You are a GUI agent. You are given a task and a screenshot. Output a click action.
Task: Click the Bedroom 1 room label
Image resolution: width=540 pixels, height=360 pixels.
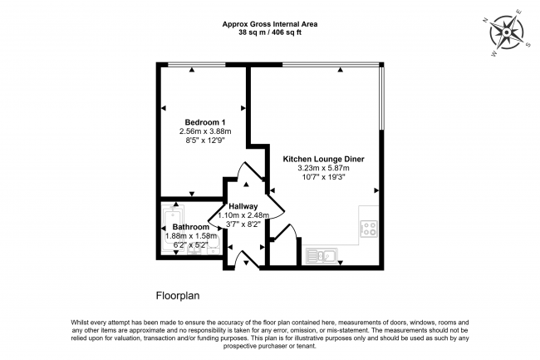[205, 122]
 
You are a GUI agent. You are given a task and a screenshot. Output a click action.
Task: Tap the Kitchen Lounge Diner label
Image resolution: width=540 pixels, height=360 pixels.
[323, 159]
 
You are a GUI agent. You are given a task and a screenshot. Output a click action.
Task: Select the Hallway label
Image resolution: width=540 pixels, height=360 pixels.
[243, 206]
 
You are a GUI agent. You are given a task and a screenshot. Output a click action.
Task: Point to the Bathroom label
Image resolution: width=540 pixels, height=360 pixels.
[191, 227]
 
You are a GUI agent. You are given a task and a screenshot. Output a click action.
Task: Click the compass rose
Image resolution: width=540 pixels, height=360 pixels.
[507, 32]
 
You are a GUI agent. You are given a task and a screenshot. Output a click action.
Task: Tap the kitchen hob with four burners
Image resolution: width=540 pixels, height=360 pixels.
[369, 229]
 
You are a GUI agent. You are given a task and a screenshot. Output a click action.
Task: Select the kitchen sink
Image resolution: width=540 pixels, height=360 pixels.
[322, 256]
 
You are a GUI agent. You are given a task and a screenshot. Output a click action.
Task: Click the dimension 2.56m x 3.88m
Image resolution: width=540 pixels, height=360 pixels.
[205, 131]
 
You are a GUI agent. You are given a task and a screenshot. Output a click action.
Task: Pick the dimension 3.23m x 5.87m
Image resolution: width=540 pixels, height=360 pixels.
[323, 168]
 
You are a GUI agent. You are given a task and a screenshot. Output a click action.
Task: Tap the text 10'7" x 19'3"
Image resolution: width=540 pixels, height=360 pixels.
[323, 177]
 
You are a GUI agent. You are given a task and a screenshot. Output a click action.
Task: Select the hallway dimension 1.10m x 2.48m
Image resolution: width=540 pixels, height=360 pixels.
[243, 215]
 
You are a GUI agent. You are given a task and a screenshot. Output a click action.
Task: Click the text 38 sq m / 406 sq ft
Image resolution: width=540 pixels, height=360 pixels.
[270, 33]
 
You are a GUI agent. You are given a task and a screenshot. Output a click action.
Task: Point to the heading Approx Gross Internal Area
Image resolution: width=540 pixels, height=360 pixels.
[270, 24]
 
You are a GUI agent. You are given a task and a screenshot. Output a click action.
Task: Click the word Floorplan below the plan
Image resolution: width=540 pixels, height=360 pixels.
[178, 296]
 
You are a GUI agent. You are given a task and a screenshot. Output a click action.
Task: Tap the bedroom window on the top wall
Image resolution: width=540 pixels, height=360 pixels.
[196, 64]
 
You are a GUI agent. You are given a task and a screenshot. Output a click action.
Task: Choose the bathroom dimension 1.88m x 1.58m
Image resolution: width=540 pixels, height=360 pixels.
[191, 236]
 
